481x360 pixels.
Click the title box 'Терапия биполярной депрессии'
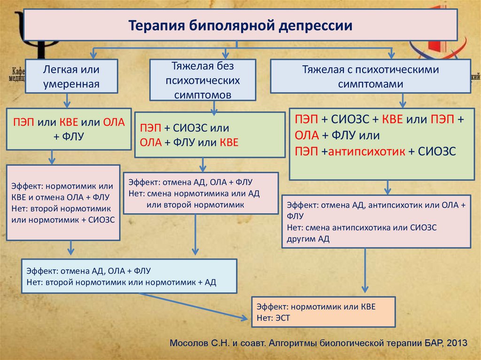click(x=240, y=24)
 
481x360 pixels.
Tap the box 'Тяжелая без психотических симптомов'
click(x=202, y=79)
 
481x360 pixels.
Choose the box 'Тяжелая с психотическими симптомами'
click(x=370, y=77)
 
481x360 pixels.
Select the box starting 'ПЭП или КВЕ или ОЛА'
click(x=69, y=129)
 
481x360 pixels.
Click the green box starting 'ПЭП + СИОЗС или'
click(x=209, y=134)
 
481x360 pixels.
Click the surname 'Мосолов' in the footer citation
click(x=190, y=342)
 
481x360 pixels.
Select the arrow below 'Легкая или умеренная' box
click(x=67, y=99)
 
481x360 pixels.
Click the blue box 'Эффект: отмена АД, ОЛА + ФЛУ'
click(x=128, y=276)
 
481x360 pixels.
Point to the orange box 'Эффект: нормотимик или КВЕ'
click(x=323, y=312)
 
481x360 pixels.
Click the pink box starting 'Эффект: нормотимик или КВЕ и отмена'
click(x=63, y=202)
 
